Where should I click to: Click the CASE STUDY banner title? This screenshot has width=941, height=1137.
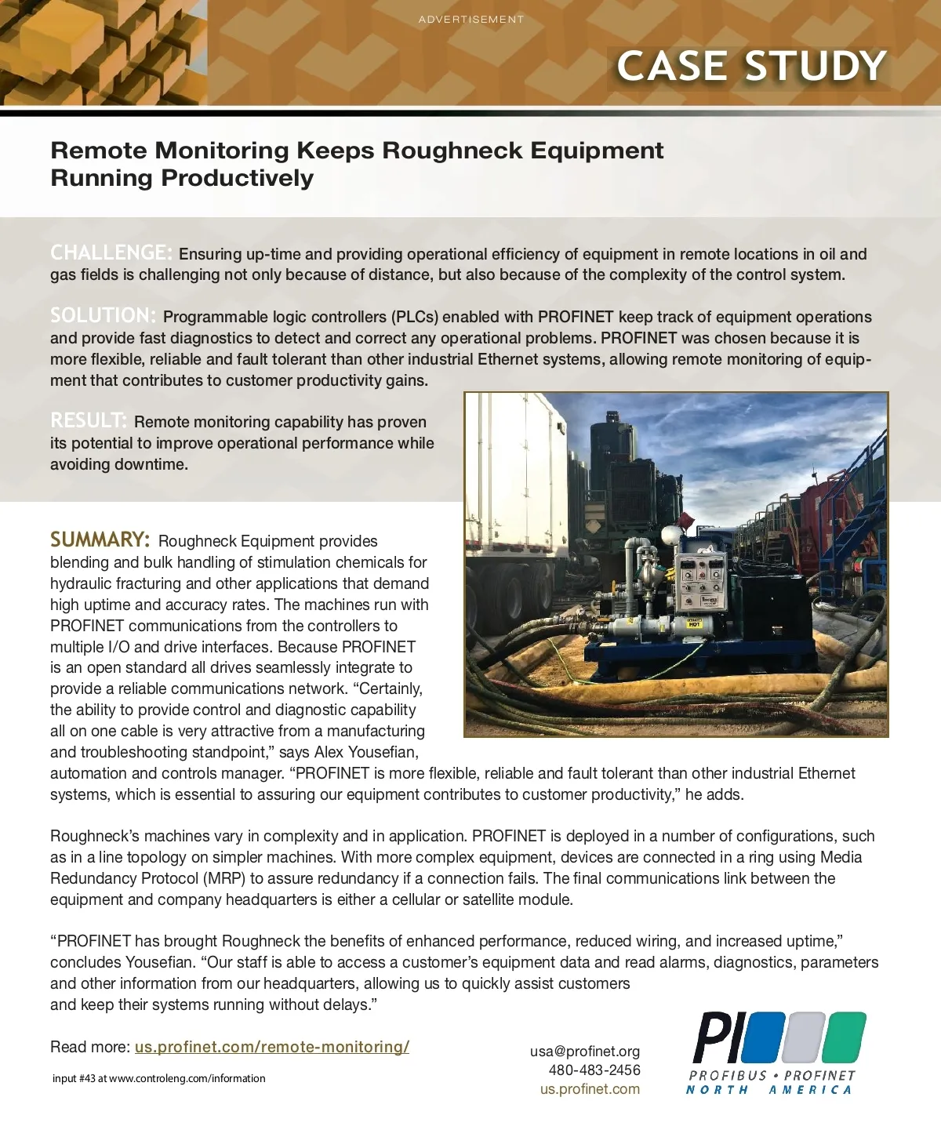point(751,67)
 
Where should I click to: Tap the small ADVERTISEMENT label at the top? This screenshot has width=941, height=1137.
point(470,19)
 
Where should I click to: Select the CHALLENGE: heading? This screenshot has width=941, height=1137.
point(111,252)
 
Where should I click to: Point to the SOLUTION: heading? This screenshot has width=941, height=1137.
point(104,315)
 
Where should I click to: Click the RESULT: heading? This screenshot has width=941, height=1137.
point(89,420)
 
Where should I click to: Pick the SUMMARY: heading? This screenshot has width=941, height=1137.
point(100,539)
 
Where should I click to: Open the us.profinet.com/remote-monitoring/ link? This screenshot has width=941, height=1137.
point(271,1047)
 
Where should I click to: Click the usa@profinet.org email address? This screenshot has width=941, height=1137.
point(584,1052)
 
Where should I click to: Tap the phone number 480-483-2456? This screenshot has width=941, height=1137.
point(594,1070)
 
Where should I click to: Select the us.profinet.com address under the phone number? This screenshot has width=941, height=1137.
point(590,1089)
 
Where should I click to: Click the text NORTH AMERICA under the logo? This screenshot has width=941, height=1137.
point(768,1090)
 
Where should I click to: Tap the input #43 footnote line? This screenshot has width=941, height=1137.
point(158,1079)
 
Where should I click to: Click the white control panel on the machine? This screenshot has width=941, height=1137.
point(700,580)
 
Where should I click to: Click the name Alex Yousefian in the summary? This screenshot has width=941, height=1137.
point(366,753)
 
